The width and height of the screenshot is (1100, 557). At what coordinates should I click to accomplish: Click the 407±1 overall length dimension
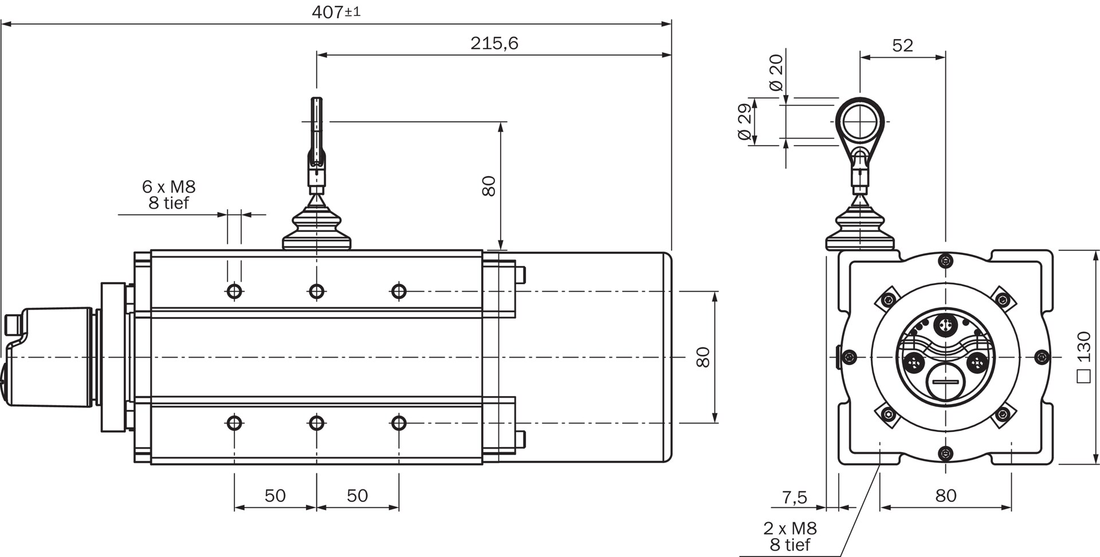click(336, 11)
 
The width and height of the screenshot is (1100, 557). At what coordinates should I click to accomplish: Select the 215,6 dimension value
click(494, 43)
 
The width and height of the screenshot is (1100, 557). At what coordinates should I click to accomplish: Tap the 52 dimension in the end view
click(902, 45)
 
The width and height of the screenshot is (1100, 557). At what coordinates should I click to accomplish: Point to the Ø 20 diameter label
click(776, 73)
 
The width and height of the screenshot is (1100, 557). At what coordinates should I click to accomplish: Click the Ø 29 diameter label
click(744, 122)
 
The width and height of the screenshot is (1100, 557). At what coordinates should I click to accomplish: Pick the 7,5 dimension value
click(795, 496)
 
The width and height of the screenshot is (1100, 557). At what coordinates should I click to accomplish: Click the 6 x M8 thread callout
click(168, 186)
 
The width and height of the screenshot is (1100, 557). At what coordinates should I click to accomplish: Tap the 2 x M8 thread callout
click(789, 528)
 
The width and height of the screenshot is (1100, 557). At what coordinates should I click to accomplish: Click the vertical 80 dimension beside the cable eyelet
click(489, 186)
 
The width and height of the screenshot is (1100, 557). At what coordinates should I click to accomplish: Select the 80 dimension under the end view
click(946, 495)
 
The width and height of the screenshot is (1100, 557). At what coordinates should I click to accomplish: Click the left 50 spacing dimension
click(275, 495)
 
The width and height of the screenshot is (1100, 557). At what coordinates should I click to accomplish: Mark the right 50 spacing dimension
click(357, 495)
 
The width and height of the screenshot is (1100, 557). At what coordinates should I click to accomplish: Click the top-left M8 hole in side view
click(234, 292)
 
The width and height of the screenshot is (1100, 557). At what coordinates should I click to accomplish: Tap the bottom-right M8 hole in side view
click(399, 423)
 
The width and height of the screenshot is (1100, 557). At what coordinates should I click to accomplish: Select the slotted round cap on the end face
click(945, 383)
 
